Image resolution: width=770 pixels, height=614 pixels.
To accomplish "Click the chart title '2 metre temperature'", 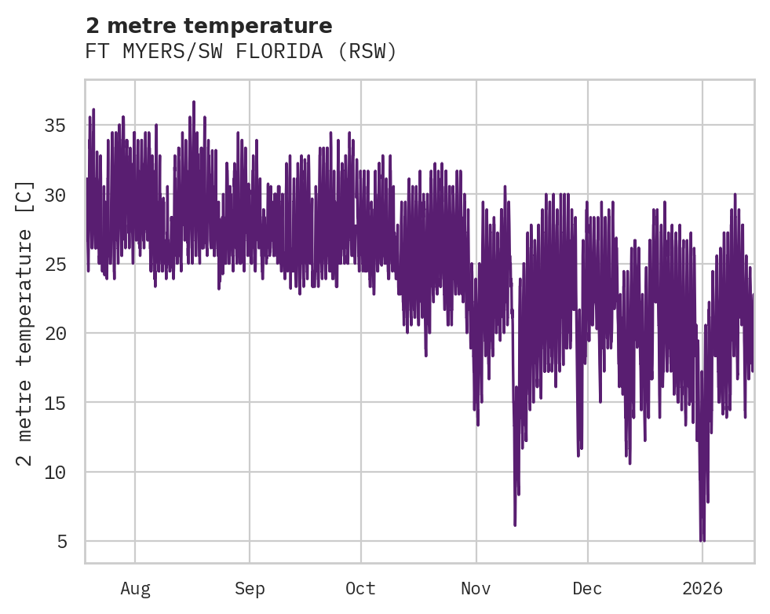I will coord(209,26).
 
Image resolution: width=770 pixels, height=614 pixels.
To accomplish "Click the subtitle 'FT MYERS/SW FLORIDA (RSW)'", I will coord(241,52).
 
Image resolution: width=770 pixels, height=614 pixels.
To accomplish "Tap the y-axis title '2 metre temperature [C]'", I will coord(25,323).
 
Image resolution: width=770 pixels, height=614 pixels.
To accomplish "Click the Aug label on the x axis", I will coord(135,588).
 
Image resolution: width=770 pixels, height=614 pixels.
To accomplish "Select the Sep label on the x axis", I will coord(250,588).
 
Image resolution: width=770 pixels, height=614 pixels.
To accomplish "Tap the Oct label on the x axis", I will coord(361,588).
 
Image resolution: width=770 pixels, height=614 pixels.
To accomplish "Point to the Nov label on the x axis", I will coord(476,588).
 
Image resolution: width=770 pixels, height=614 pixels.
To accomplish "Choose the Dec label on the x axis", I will coord(587,588).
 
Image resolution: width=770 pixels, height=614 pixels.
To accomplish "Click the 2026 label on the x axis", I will coord(702,588).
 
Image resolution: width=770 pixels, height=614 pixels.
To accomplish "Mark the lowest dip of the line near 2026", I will coord(702,540).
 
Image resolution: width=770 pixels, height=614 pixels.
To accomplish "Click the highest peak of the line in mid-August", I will coord(194,102).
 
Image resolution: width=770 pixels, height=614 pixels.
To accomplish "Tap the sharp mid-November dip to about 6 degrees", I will coord(515,524).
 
